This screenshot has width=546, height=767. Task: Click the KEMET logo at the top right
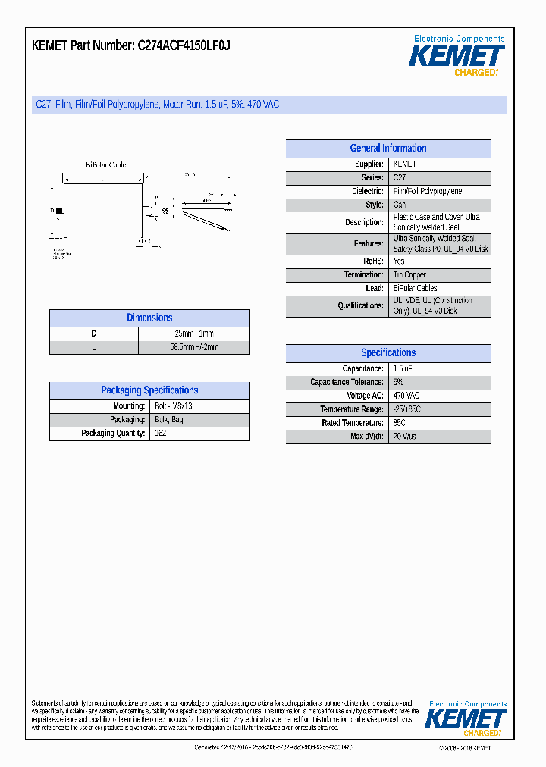[457, 56]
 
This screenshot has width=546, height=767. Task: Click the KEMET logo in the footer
[466, 719]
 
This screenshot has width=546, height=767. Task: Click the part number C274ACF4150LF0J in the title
[184, 46]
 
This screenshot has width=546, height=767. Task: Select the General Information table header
[388, 149]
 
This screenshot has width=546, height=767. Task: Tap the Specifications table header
[388, 353]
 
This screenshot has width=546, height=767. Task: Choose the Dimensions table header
[149, 318]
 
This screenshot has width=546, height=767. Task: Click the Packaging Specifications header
[149, 390]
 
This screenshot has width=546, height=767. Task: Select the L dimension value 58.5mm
[194, 347]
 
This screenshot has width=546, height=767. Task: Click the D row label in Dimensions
[94, 333]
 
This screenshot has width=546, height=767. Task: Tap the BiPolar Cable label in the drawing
[105, 164]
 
